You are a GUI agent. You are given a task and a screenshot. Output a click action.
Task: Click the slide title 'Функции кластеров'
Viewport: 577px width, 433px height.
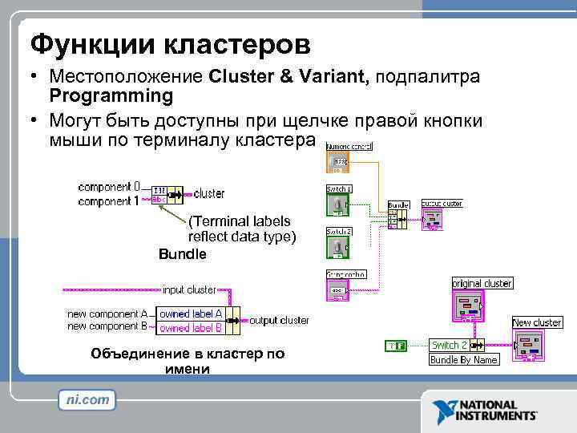click(x=169, y=42)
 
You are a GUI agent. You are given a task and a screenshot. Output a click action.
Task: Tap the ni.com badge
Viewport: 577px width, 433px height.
click(x=87, y=399)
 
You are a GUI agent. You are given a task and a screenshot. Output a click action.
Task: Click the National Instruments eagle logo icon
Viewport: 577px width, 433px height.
click(x=444, y=410)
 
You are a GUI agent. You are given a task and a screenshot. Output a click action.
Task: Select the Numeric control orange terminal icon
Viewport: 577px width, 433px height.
click(x=338, y=163)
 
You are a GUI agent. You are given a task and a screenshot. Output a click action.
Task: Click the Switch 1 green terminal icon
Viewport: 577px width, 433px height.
click(x=338, y=204)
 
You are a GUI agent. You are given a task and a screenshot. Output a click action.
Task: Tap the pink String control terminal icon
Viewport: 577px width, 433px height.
click(x=338, y=289)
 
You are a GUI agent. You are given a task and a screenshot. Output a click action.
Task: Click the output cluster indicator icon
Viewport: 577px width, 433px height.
click(x=432, y=219)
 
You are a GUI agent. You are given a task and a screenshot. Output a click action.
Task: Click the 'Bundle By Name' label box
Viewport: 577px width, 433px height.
click(x=464, y=360)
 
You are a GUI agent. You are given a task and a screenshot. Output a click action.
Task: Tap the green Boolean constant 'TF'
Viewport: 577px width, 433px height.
click(x=396, y=346)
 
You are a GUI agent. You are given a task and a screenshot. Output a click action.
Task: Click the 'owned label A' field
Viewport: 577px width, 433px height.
click(x=190, y=314)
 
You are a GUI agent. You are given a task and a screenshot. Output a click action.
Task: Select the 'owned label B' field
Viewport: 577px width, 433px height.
click(x=190, y=327)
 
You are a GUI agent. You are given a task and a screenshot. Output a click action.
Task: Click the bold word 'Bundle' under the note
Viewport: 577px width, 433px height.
click(x=182, y=254)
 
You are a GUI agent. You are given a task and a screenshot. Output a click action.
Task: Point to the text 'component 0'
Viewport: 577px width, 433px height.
click(x=109, y=186)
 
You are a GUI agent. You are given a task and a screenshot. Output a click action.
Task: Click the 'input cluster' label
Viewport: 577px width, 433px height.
click(x=189, y=289)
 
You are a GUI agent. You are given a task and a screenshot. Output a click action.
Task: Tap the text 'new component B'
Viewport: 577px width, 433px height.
click(x=107, y=326)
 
